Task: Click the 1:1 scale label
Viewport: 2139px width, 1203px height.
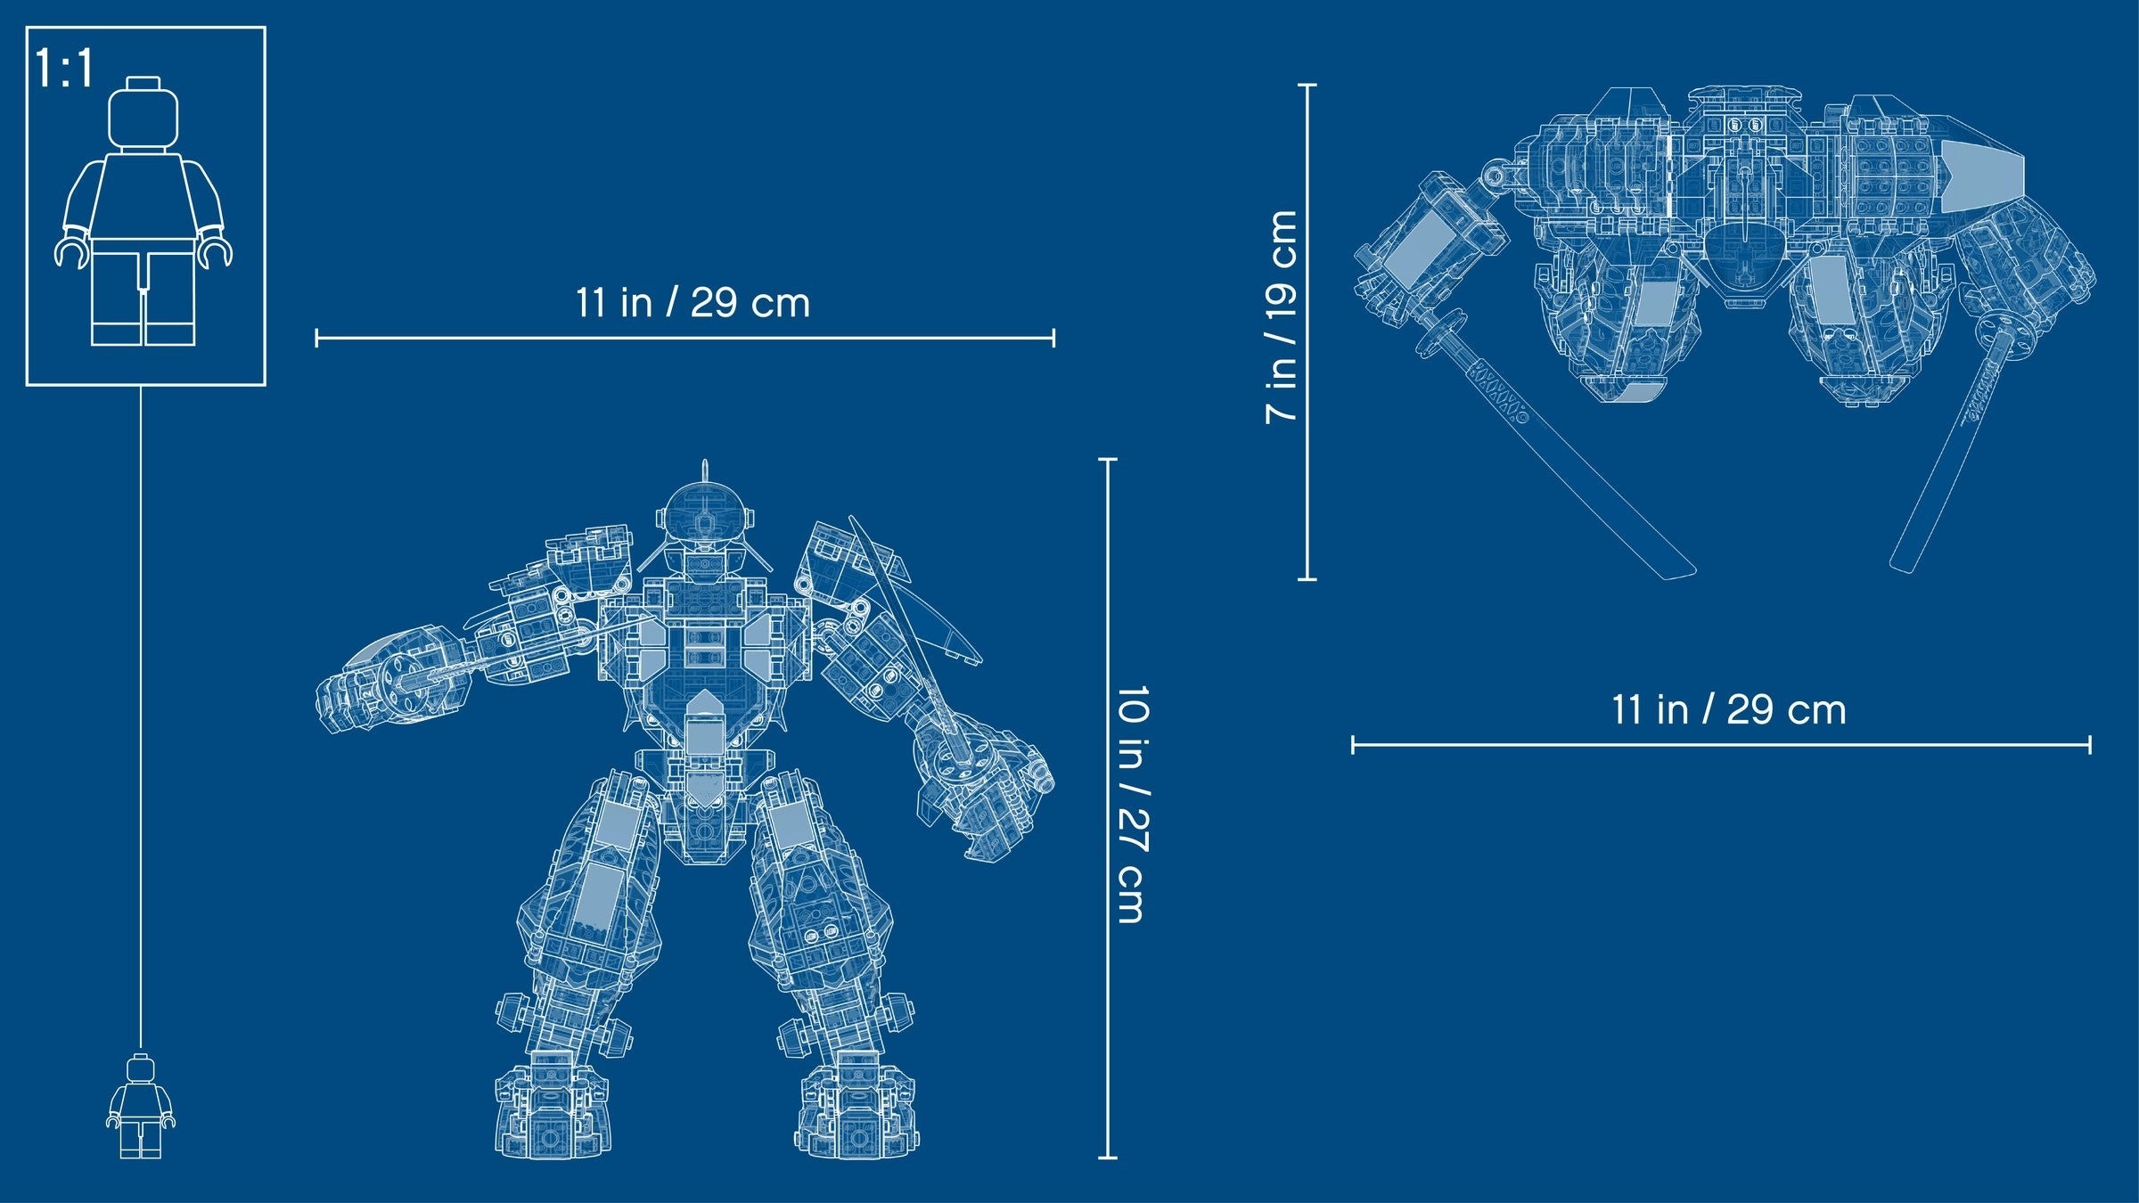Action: pyautogui.click(x=64, y=69)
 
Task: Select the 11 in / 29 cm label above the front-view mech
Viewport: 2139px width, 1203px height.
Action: pyautogui.click(x=693, y=303)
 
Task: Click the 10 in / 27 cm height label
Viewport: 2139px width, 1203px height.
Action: pyautogui.click(x=1132, y=805)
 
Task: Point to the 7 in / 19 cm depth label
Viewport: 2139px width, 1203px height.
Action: pyautogui.click(x=1282, y=316)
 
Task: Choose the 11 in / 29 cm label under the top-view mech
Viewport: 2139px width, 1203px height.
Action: pyautogui.click(x=1728, y=710)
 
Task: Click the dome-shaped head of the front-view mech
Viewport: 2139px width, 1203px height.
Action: pyautogui.click(x=705, y=512)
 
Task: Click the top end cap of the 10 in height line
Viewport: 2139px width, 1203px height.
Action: pyautogui.click(x=1107, y=460)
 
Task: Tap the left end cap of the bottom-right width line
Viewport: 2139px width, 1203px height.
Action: pyautogui.click(x=1353, y=744)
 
